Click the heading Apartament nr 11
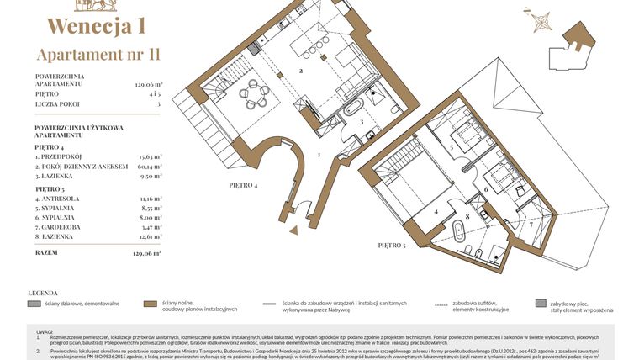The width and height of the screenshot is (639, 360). tap(98, 55)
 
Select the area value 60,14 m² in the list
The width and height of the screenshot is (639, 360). tap(149, 167)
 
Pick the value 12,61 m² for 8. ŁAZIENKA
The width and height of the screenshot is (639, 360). tap(149, 238)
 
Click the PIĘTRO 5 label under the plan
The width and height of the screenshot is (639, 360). tap(393, 245)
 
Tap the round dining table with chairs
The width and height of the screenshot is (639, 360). tap(251, 93)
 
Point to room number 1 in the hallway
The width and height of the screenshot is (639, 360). tap(319, 155)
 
